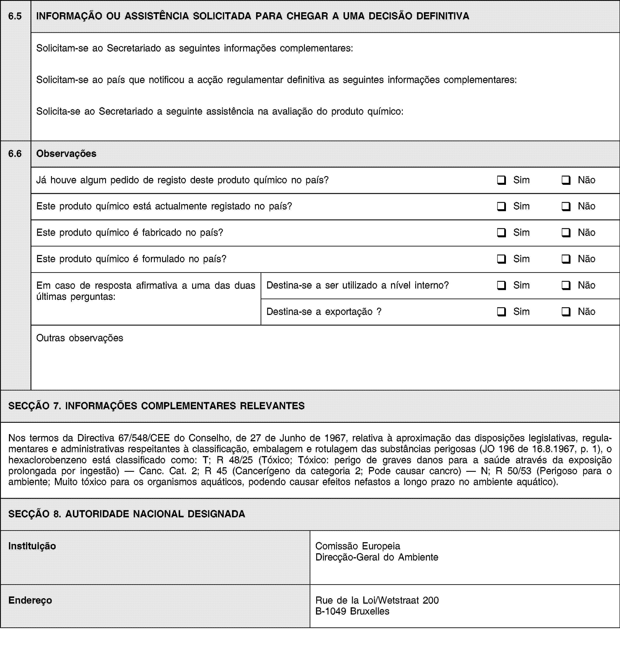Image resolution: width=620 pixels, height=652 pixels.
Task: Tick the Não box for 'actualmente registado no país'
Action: (x=565, y=206)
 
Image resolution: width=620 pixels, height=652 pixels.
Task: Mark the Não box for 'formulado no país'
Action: (x=565, y=259)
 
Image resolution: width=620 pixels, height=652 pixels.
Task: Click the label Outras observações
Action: (x=80, y=338)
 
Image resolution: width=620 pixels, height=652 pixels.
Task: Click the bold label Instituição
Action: (x=32, y=546)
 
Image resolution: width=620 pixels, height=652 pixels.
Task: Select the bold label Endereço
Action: (x=30, y=600)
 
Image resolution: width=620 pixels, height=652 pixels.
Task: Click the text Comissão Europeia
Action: (x=358, y=546)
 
